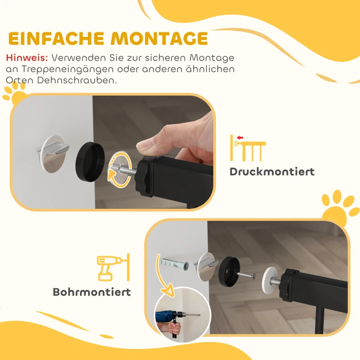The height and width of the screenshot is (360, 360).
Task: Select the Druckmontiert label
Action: [x=272, y=171]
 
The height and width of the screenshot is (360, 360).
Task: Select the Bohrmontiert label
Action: [x=92, y=292]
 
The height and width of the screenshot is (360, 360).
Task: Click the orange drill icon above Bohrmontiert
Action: [x=113, y=268]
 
